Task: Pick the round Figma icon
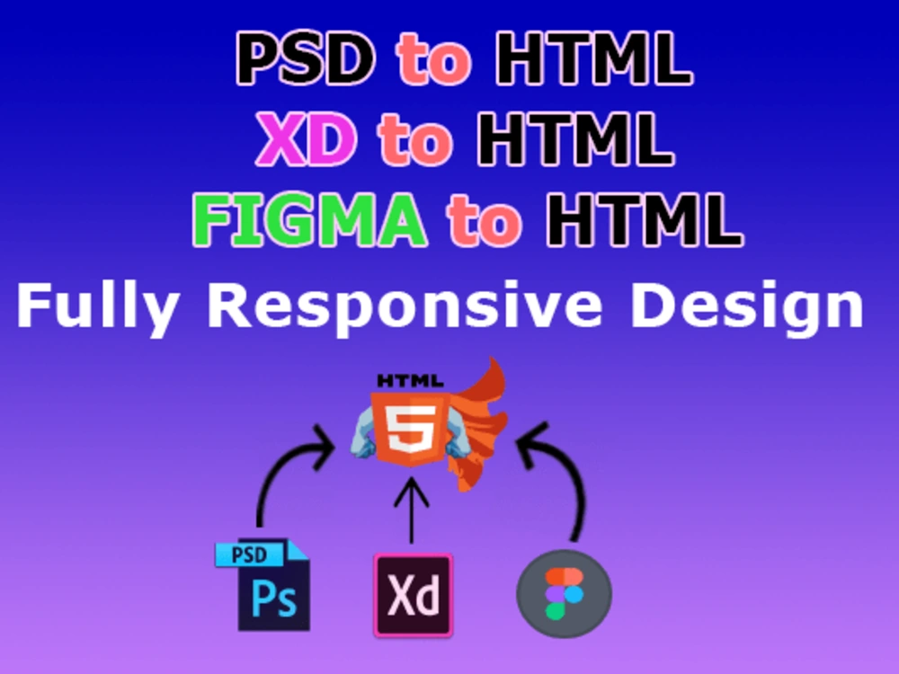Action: pyautogui.click(x=564, y=594)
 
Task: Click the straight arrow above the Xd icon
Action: pyautogui.click(x=412, y=512)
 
